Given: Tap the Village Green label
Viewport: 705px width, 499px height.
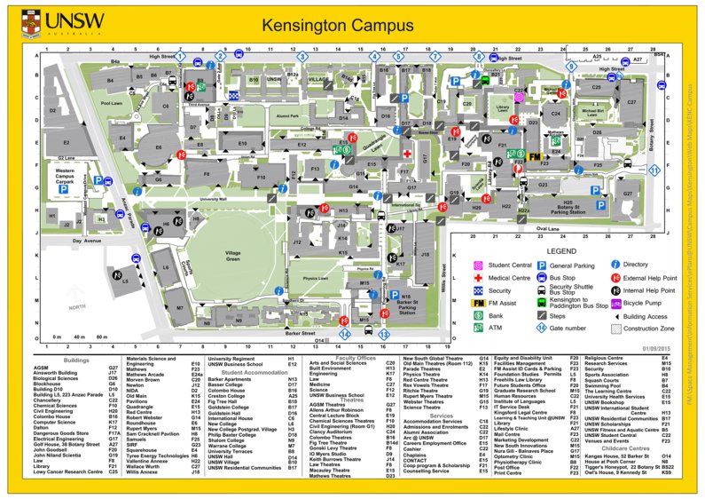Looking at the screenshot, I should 232,256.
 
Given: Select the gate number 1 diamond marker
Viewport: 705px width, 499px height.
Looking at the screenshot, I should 180,57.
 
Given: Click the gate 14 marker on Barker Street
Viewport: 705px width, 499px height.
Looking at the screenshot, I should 345,334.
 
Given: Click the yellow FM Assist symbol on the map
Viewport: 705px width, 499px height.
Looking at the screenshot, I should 535,156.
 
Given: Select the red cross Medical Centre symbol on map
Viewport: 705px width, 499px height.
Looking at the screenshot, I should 407,154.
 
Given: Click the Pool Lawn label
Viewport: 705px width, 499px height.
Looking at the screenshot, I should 111,103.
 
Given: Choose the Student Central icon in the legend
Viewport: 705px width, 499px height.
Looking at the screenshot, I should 478,265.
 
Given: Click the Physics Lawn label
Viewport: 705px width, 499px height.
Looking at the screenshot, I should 316,279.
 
